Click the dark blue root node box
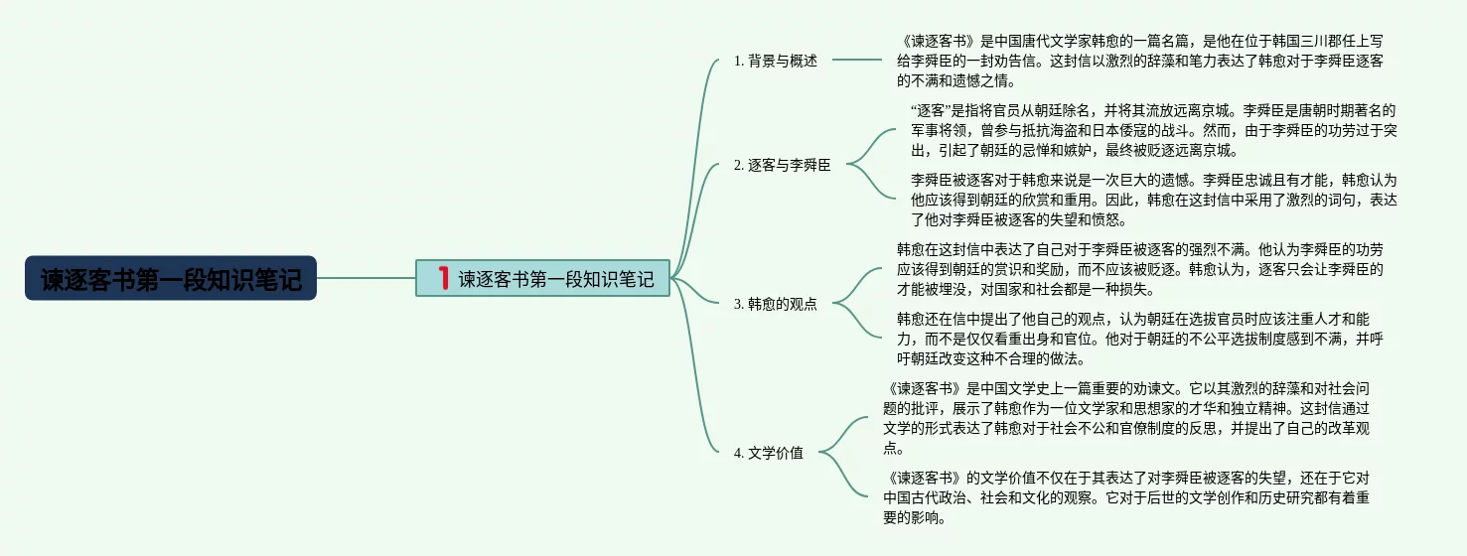[171, 279]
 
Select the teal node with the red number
[543, 279]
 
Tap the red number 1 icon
[443, 278]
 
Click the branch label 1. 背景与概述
[775, 61]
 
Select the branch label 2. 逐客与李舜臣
[782, 166]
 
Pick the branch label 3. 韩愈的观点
[775, 304]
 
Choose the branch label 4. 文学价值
[768, 454]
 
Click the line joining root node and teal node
[366, 278]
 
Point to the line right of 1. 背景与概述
[856, 61]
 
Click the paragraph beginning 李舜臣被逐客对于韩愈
[1153, 200]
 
